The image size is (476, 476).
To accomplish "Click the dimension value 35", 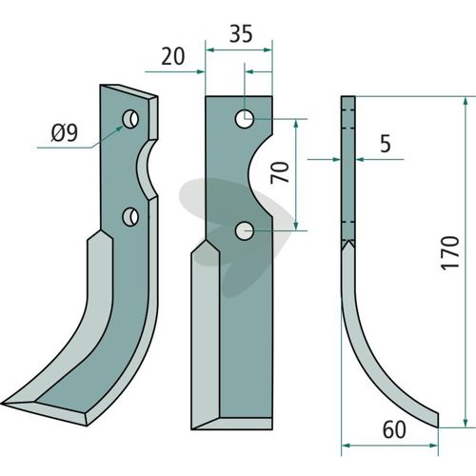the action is click(241, 34).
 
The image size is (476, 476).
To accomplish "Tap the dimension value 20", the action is click(172, 57).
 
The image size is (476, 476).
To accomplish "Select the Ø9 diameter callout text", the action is click(64, 133).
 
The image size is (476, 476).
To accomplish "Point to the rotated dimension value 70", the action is click(280, 172).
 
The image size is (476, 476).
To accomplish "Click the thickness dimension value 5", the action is click(386, 144).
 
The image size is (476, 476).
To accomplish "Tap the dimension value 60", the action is click(394, 430).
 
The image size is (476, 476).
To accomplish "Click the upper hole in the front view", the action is click(245, 119).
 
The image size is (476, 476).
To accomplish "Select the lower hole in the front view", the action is click(245, 230).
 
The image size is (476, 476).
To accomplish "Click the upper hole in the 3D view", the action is click(130, 119).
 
